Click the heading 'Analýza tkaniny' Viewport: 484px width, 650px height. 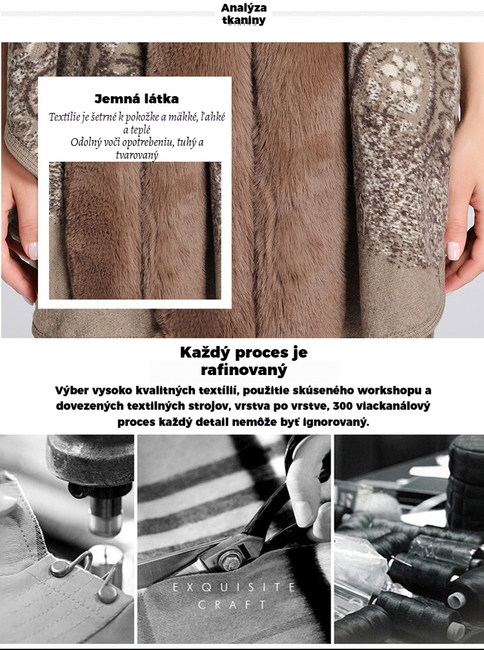(244, 14)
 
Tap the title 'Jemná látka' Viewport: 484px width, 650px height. (137, 99)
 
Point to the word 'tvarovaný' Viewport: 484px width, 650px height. (137, 156)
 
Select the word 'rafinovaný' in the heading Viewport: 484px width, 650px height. (244, 369)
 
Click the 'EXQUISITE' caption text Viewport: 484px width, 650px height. (234, 587)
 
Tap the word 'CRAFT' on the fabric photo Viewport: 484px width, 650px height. (232, 605)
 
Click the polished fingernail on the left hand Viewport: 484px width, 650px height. (32, 250)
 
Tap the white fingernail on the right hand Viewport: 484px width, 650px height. (453, 250)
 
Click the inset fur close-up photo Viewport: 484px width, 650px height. (135, 230)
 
